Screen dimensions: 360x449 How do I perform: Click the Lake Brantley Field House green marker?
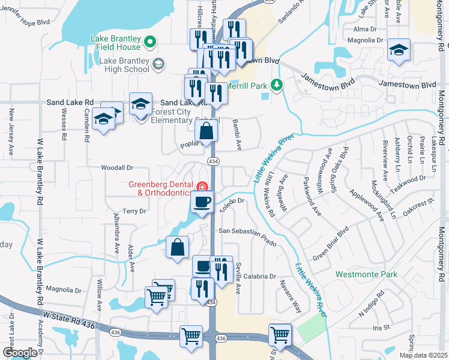pos(151,41)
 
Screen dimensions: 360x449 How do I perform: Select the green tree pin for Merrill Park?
pos(276,85)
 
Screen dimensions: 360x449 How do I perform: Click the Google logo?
pos(20,353)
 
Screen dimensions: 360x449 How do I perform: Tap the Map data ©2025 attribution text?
pos(423,355)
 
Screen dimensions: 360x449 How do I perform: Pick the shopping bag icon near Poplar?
pos(205,131)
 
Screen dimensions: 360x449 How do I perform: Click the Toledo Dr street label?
pos(234,203)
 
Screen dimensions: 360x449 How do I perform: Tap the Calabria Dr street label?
pos(259,277)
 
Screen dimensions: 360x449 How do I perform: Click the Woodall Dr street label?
pos(116,169)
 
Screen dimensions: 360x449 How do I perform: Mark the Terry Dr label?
pos(134,211)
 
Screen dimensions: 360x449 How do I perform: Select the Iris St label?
pos(381,328)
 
